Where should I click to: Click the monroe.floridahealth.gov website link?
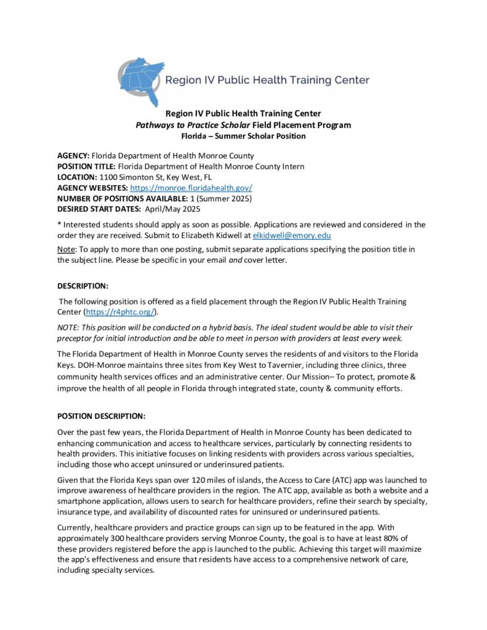click(x=191, y=188)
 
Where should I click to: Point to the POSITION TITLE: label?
click(x=86, y=167)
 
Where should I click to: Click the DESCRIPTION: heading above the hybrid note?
click(x=83, y=286)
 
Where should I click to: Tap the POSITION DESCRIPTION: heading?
click(x=102, y=415)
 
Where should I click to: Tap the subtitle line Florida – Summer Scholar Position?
click(x=243, y=136)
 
